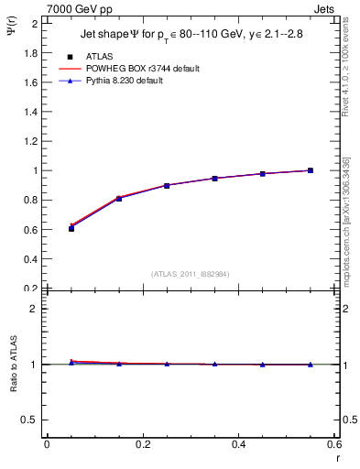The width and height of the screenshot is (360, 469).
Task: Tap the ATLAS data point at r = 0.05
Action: [71, 228]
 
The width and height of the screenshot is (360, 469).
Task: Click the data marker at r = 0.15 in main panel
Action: [119, 198]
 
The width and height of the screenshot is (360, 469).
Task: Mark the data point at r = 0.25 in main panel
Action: [167, 185]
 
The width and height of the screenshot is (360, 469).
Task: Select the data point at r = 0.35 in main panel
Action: [214, 178]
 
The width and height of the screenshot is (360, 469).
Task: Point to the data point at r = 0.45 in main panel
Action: [262, 173]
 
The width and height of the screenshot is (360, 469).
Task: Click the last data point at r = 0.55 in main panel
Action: [311, 170]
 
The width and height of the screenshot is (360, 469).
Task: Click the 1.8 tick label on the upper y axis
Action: [29, 52]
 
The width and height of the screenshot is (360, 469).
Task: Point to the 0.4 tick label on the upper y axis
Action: [29, 258]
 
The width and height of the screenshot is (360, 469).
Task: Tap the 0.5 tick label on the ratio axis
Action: [29, 420]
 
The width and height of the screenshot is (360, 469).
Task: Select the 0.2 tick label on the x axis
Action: [142, 444]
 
